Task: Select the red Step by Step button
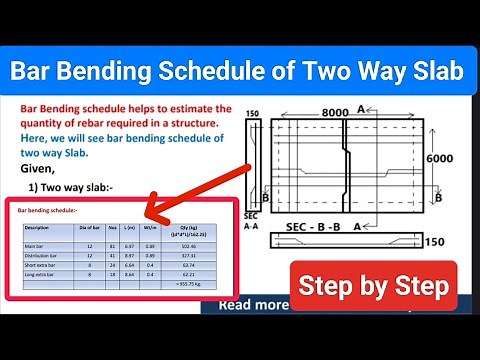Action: point(373,287)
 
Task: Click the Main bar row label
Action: point(34,245)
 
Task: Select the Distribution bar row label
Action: point(41,255)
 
